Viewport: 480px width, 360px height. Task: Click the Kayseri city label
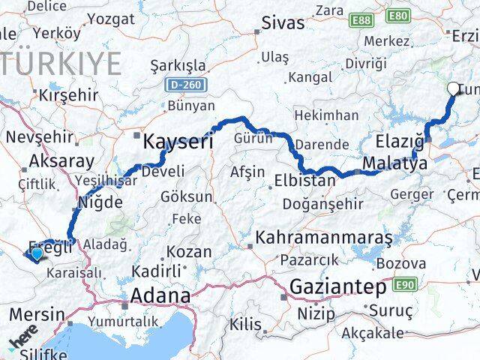tap(178, 140)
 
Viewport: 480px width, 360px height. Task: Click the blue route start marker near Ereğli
tap(36, 254)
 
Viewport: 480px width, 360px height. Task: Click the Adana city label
tap(160, 295)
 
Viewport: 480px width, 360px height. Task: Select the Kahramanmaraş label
tap(323, 238)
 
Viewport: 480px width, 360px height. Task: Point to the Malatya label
tap(395, 162)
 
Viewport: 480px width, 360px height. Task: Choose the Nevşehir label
tap(39, 137)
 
